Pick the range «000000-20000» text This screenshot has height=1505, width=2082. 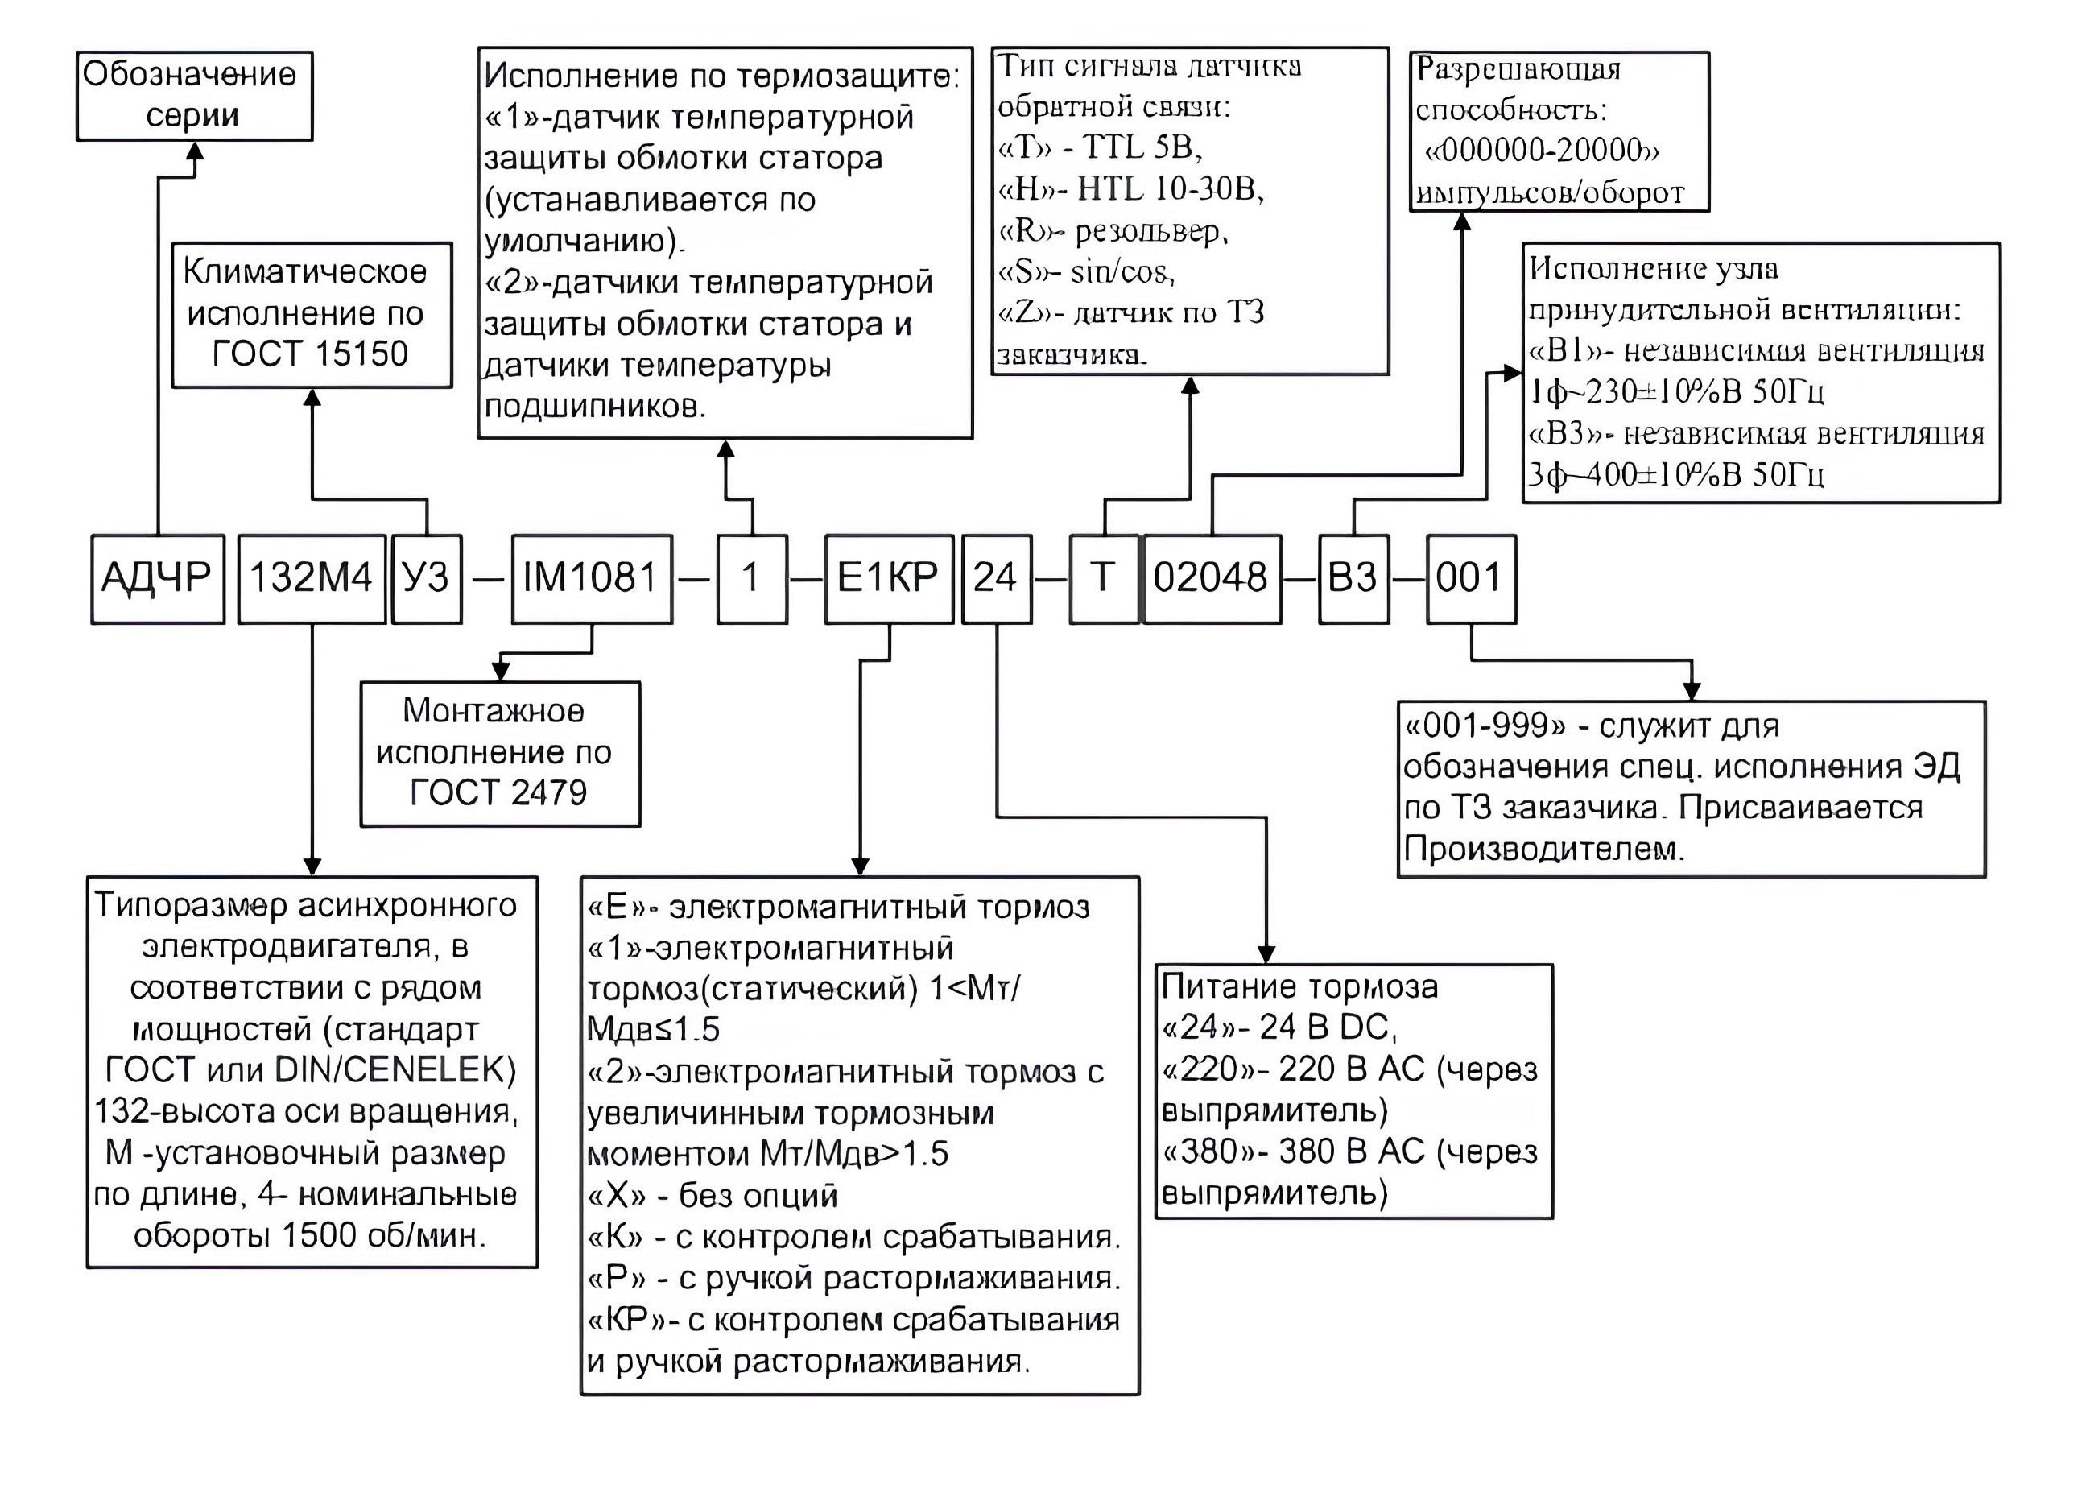coord(1543,151)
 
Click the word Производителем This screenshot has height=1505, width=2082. coord(1544,849)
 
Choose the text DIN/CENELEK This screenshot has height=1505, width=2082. coord(395,1069)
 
